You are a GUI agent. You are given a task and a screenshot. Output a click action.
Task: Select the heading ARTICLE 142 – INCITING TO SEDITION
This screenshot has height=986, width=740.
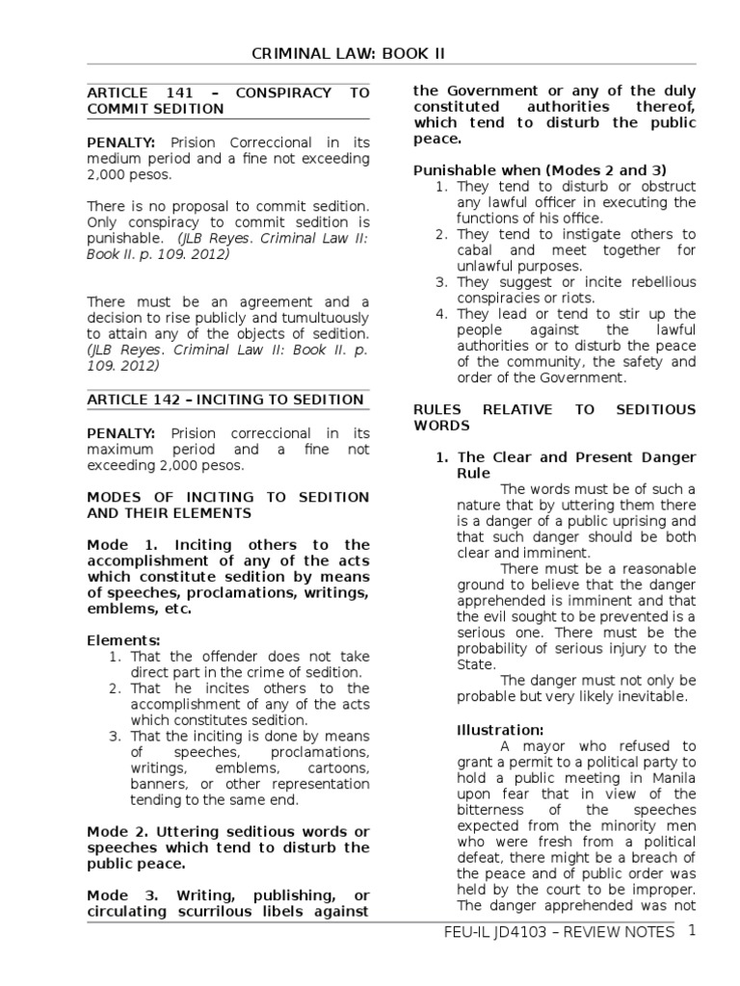tap(225, 400)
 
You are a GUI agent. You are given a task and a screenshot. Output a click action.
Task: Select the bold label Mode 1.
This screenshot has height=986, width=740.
tap(118, 545)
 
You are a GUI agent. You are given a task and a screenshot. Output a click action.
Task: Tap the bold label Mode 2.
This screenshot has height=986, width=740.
tap(118, 831)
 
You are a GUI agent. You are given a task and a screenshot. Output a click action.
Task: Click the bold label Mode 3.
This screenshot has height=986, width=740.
tap(118, 895)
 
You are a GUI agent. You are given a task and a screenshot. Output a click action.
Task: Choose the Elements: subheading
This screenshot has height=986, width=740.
tap(123, 640)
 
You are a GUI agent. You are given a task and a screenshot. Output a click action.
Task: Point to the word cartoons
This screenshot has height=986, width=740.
tap(338, 768)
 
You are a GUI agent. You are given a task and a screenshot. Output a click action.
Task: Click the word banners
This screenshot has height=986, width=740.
tap(157, 784)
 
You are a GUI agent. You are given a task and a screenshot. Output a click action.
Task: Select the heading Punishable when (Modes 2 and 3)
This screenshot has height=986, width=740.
tap(540, 170)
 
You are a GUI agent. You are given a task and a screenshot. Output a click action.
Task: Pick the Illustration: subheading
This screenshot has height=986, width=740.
tap(500, 730)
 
